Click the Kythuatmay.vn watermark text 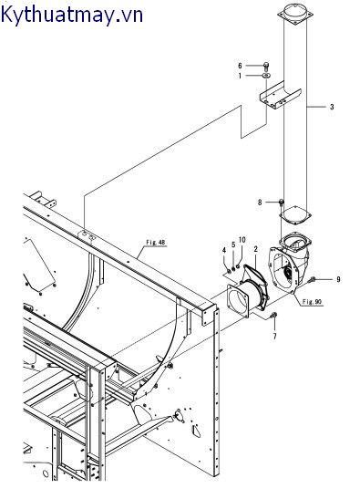pos(72,15)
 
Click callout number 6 pos(240,66)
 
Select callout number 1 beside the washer pos(240,76)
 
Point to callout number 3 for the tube pos(332,107)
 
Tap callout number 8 pos(260,203)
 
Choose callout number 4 pos(224,251)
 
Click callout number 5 pos(233,244)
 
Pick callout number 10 pos(242,240)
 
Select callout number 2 pos(255,249)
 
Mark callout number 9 pos(338,279)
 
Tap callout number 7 pos(274,336)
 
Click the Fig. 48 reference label pos(156,243)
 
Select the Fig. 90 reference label pos(312,302)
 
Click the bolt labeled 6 pos(266,66)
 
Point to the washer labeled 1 pos(266,76)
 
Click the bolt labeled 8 pos(281,203)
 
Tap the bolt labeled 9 pos(312,280)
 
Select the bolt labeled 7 pos(273,316)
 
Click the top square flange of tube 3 pos(295,15)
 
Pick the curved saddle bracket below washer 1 pos(280,96)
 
